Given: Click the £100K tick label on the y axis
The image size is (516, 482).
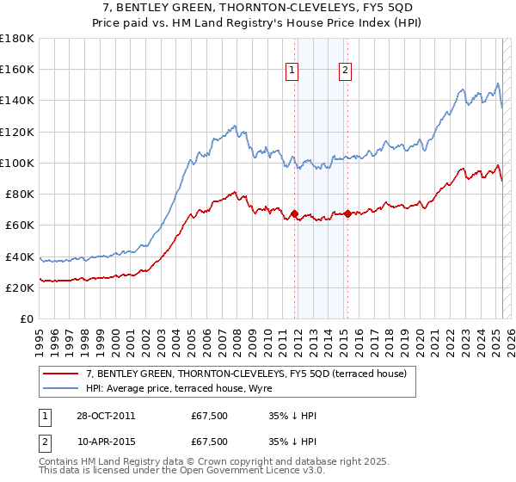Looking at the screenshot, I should pyautogui.click(x=17, y=163).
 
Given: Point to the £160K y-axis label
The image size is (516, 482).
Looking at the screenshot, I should pyautogui.click(x=17, y=69).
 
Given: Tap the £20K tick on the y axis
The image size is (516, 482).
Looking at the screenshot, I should pyautogui.click(x=20, y=288).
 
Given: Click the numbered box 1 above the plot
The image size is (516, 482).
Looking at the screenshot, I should pyautogui.click(x=293, y=71).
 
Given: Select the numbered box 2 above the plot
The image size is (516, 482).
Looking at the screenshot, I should pyautogui.click(x=345, y=71).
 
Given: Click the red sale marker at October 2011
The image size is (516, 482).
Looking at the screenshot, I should pyautogui.click(x=294, y=213).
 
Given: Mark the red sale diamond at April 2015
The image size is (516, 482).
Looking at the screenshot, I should pyautogui.click(x=347, y=213).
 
